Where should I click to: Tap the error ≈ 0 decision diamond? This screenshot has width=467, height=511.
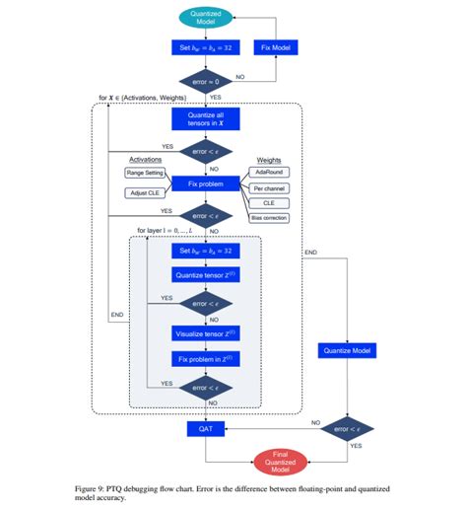tap(205, 78)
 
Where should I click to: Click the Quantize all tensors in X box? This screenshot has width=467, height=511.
tap(205, 119)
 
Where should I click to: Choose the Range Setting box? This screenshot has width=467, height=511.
tap(148, 173)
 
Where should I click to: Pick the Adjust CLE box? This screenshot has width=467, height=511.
tap(147, 192)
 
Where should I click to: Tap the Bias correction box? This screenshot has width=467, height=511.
tap(269, 218)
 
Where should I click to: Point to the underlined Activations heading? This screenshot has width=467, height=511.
tap(146, 159)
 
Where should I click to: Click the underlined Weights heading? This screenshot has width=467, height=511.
tap(269, 158)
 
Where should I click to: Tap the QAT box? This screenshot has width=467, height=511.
tap(205, 429)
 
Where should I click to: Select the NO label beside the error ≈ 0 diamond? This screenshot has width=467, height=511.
tap(239, 75)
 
